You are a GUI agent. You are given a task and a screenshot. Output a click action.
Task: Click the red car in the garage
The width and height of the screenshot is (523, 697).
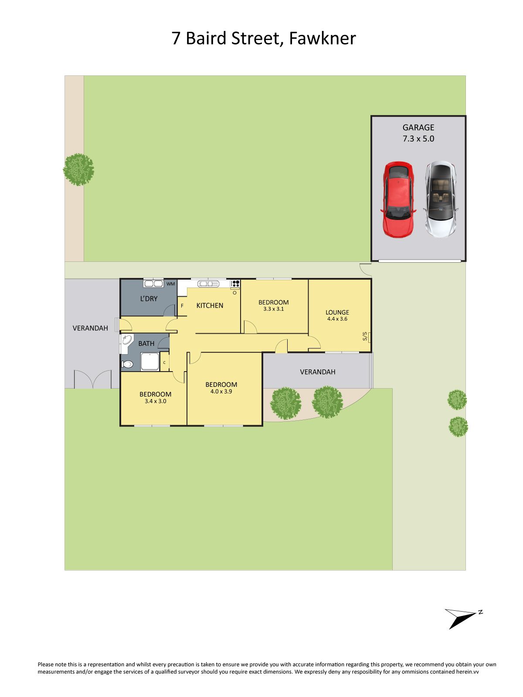click(398, 199)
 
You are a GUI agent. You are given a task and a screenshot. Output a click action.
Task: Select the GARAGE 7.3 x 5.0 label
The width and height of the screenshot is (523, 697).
click(418, 133)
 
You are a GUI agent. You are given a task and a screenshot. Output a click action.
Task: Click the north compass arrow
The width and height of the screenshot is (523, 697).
click(463, 618)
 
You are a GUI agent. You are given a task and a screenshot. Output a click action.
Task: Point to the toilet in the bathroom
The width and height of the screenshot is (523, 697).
click(127, 364)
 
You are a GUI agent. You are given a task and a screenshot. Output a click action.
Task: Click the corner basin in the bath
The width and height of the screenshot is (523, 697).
click(126, 341)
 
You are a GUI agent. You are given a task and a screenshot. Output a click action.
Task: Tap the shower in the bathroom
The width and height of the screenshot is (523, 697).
click(149, 362)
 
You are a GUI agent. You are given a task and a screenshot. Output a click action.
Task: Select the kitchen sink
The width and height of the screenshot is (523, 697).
click(208, 284)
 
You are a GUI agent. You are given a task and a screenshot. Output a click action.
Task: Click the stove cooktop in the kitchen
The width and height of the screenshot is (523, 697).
click(235, 284)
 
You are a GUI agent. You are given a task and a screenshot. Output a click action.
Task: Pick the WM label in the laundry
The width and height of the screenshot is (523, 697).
click(170, 284)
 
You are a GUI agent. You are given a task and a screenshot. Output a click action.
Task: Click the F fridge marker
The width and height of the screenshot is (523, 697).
click(182, 306)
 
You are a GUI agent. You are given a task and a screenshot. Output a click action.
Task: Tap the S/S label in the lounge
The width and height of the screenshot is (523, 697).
click(365, 336)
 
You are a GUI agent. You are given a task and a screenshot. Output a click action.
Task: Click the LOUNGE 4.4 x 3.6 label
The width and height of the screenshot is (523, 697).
click(337, 315)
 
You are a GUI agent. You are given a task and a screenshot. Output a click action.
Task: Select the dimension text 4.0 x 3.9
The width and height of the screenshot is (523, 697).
click(221, 392)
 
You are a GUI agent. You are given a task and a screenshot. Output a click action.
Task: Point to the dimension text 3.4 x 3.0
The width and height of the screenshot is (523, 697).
click(155, 401)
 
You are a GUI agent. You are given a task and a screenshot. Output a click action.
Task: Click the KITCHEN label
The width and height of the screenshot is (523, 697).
click(210, 305)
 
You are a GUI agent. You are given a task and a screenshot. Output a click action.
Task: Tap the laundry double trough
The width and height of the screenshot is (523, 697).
click(153, 284)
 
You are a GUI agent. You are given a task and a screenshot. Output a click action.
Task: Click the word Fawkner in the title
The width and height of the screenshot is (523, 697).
click(323, 38)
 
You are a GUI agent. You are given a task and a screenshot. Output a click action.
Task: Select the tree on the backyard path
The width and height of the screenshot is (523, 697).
click(78, 169)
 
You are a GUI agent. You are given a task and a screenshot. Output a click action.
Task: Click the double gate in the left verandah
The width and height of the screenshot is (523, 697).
click(93, 379)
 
